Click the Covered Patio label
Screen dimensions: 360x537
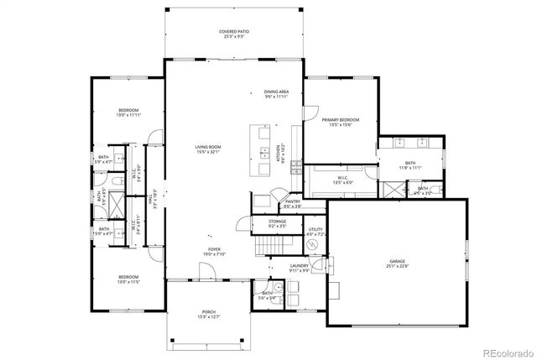[234, 34]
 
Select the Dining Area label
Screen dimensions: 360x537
[277, 94]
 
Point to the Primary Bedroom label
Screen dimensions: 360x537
[339, 123]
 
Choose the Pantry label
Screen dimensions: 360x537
[293, 203]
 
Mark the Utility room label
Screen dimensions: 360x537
[315, 231]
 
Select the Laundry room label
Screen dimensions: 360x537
[300, 269]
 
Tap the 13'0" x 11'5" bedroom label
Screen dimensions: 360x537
[128, 279]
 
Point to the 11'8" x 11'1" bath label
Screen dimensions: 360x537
[410, 165]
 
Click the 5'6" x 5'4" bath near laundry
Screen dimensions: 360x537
[266, 295]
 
